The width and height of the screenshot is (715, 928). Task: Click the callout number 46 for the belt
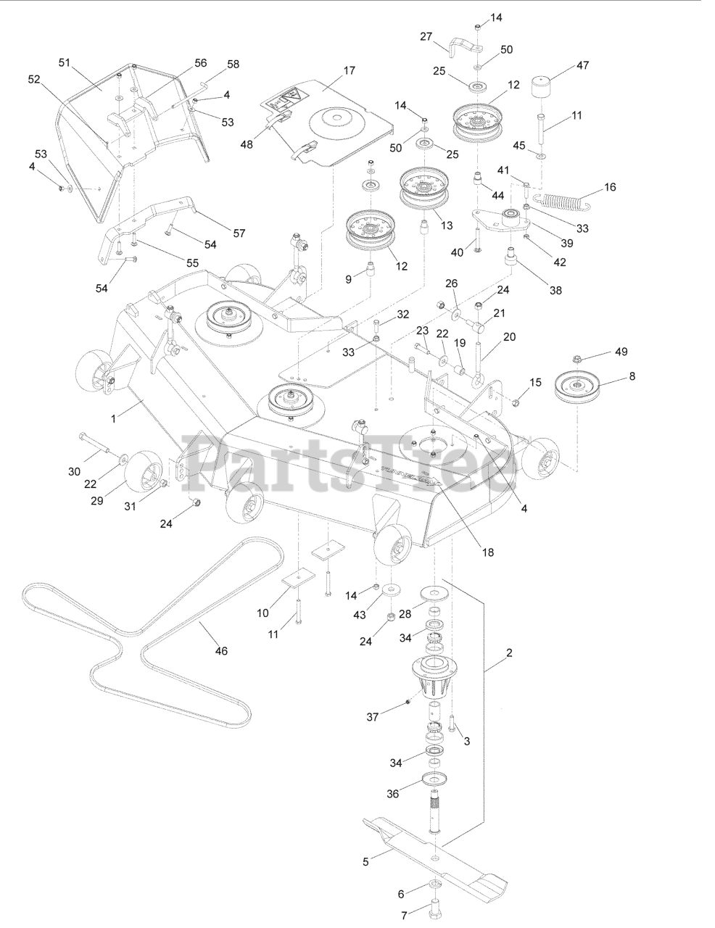(221, 651)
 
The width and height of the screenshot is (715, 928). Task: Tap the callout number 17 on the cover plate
(350, 70)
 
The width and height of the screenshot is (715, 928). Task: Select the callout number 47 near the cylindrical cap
(582, 65)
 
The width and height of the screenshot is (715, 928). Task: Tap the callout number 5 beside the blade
(366, 861)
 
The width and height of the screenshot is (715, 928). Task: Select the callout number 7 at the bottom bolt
(404, 915)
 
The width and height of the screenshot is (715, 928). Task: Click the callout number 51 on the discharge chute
(63, 62)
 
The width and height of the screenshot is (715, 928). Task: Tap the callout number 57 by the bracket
(239, 233)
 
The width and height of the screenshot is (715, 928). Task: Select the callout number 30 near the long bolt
(74, 471)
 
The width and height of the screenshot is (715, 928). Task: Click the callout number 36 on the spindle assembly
(392, 793)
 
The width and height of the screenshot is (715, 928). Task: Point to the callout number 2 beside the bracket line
(509, 652)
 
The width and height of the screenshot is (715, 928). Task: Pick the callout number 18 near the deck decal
(487, 552)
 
